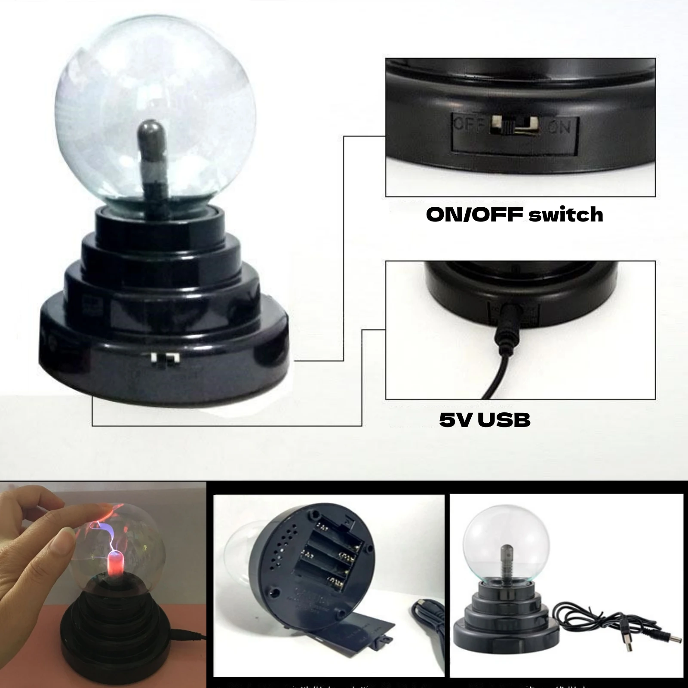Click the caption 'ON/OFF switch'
[514, 215]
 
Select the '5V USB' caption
[485, 419]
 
